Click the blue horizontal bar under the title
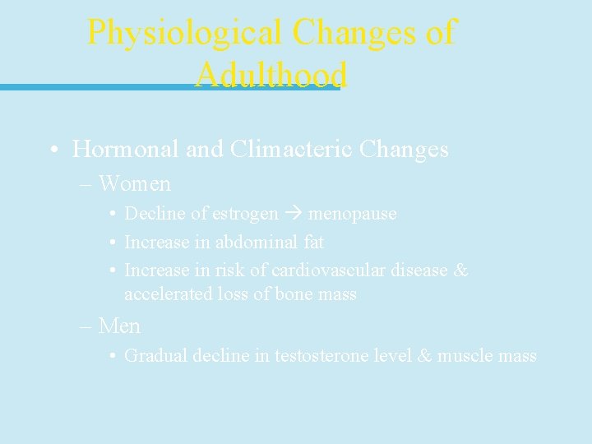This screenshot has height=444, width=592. pos(99,87)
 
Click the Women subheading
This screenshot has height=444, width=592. pos(135,183)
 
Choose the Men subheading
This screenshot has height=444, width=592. pos(119,326)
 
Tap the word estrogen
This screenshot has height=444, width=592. pos(246,214)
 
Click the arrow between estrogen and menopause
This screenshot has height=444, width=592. pos(293,214)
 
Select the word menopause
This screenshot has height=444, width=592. pos(352,214)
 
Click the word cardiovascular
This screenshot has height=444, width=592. pos(323,271)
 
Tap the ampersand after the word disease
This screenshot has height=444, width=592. pos(460,271)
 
